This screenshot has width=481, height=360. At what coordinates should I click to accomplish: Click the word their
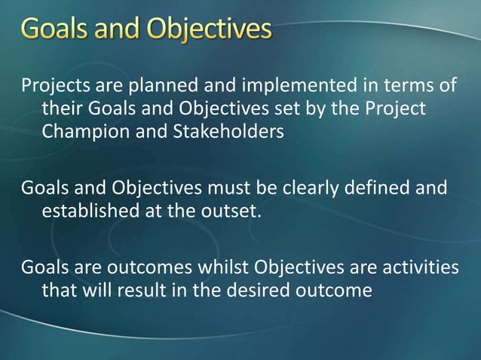coord(61,110)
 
